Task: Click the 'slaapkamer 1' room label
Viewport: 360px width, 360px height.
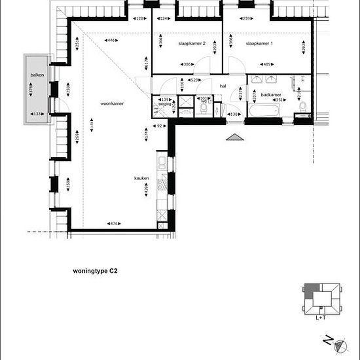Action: [260, 43]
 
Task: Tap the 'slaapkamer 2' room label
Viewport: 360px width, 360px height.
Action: [192, 43]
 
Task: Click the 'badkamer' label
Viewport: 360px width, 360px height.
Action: [270, 95]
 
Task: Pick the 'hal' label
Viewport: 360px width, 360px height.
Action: [223, 86]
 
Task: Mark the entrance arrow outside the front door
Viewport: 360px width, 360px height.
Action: [234, 137]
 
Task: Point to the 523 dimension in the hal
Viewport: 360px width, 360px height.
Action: [194, 80]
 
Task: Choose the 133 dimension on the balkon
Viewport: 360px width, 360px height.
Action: [38, 114]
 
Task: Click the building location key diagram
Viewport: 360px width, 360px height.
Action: [321, 298]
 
